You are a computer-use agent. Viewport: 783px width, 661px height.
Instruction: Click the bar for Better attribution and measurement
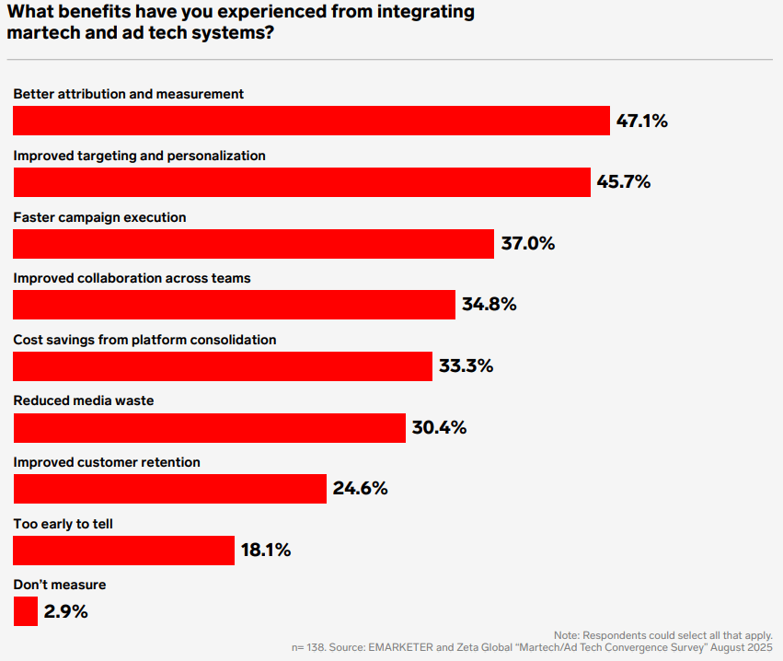click(x=311, y=121)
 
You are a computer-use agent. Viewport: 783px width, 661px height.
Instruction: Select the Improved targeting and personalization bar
click(x=301, y=182)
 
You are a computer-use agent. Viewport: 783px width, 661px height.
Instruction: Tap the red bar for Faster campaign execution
click(x=253, y=244)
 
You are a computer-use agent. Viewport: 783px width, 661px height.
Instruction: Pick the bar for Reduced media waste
click(x=209, y=428)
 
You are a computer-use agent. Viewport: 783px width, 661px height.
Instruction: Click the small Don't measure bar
click(x=26, y=611)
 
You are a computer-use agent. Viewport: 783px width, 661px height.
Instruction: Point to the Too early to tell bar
click(x=123, y=551)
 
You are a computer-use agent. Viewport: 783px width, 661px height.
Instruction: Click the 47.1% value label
click(x=641, y=121)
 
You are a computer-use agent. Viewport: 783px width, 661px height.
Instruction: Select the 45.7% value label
click(x=623, y=182)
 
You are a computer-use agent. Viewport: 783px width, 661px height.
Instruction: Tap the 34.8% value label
click(x=489, y=305)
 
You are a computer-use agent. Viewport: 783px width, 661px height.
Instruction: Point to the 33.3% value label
click(x=466, y=366)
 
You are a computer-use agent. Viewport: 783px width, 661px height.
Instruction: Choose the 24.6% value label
click(x=360, y=489)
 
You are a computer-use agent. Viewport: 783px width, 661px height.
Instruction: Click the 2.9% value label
click(x=66, y=611)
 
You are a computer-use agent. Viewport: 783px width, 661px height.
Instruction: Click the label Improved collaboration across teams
click(x=132, y=278)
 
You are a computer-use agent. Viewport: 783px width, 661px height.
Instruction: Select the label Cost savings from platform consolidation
click(x=144, y=340)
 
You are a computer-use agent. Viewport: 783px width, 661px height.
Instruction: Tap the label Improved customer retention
click(x=107, y=462)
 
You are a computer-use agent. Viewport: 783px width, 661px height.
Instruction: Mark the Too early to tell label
click(x=63, y=524)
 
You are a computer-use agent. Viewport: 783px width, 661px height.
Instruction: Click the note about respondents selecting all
click(x=663, y=636)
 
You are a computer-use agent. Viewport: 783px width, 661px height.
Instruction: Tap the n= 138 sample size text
click(x=312, y=648)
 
